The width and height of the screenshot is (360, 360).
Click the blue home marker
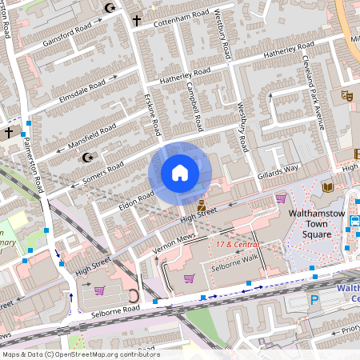pos(180,173)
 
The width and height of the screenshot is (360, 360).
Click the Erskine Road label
pos(152,113)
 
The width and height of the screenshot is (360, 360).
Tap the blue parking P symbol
pos(314,301)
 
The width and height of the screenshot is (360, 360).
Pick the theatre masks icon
pos(347,95)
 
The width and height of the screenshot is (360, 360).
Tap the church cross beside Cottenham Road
pos(137,19)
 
